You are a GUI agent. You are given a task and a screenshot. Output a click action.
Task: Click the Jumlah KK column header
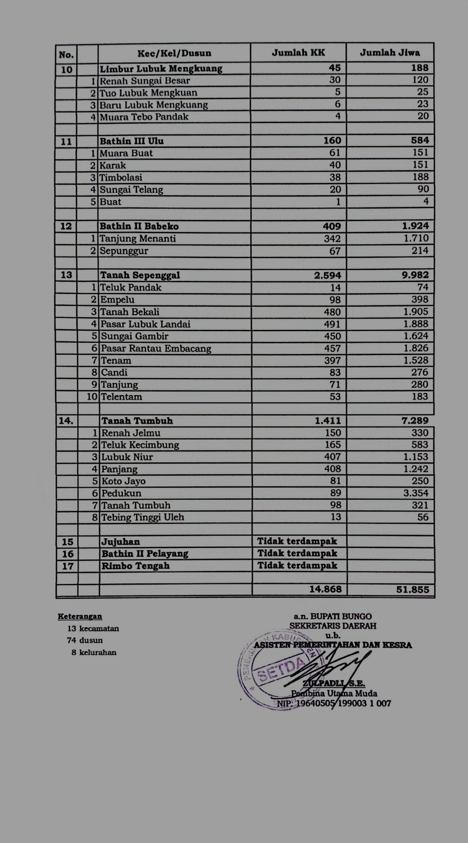point(298,53)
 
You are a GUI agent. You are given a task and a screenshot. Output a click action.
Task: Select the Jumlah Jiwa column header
point(390,53)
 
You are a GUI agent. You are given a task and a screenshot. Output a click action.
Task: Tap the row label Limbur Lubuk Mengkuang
point(161,68)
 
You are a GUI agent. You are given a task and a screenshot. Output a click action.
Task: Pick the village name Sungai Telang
point(131,189)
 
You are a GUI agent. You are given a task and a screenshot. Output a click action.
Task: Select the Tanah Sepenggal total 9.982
point(415,275)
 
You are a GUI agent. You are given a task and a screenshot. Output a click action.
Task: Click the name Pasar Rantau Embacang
point(156,348)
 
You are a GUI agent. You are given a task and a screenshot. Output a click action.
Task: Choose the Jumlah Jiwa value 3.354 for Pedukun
point(416,493)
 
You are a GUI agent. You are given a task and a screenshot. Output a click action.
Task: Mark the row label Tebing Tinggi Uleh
point(143,517)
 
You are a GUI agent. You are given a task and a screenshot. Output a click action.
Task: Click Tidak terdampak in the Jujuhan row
point(297,541)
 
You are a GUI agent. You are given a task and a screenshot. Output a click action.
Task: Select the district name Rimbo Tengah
point(135,566)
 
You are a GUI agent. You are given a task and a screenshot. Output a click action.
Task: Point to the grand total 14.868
point(325,589)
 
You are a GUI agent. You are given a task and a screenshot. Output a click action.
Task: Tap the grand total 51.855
point(413,589)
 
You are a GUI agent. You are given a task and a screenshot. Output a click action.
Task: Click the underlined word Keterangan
point(80,616)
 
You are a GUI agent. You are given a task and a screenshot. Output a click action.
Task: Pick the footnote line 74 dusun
point(85,640)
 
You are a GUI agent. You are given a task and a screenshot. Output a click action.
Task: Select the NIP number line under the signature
point(334,703)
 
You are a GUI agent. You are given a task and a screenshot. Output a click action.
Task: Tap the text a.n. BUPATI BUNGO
point(332,616)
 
